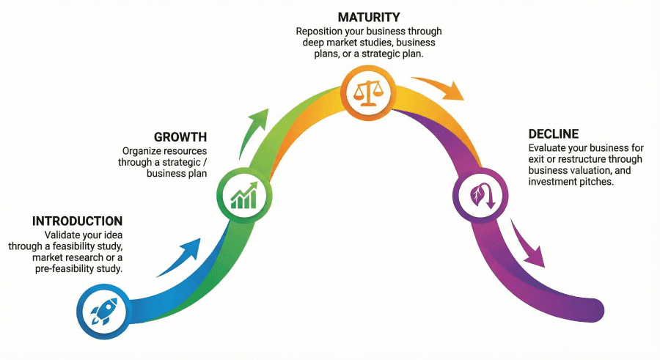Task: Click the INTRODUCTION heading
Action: tap(77, 221)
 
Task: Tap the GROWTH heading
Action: tap(180, 137)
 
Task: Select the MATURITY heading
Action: tap(368, 16)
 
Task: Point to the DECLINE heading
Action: tap(554, 134)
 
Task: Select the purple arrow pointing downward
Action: tap(528, 246)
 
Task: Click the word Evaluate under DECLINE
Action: tap(549, 147)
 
